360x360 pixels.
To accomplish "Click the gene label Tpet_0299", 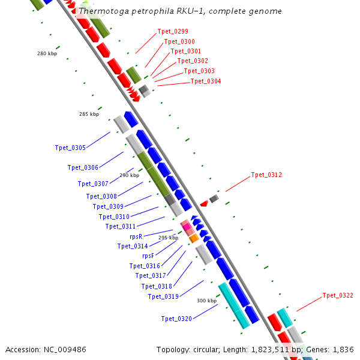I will (173, 31).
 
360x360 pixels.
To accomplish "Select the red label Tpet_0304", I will (206, 82).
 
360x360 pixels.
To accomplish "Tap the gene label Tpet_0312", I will (266, 175).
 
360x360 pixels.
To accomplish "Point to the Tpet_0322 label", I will (338, 295).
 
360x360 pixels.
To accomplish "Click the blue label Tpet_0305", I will (70, 148).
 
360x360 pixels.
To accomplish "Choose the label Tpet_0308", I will (101, 196).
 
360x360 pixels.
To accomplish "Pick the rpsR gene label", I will (136, 236).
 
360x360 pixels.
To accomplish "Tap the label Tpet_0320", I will (176, 319).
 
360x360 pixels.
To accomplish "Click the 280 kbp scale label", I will (47, 54).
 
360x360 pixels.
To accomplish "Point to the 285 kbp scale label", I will (89, 114).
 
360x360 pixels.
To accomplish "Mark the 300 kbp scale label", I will (206, 301).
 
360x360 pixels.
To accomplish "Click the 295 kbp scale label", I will (168, 238).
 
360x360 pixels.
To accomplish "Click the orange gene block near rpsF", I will (194, 238).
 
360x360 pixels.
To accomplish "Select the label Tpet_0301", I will (186, 52).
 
